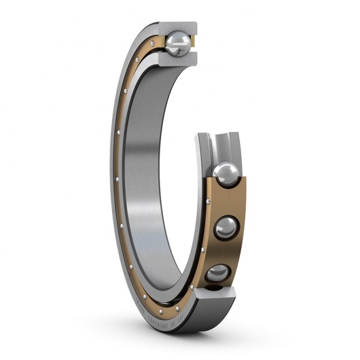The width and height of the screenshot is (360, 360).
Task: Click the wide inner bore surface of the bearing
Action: click(153, 170)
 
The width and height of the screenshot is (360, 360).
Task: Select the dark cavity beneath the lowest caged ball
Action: click(216, 288)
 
